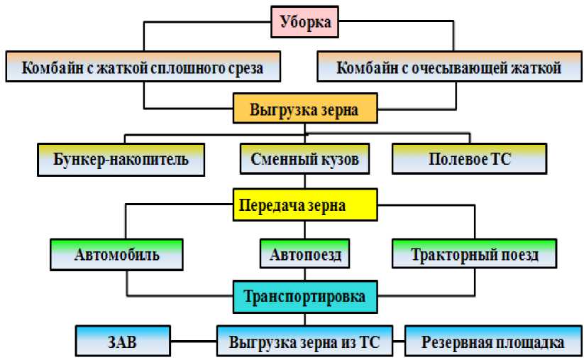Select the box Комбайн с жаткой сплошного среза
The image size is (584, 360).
point(143,69)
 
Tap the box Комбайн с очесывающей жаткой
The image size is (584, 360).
point(449,69)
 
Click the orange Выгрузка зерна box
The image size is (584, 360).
point(304,111)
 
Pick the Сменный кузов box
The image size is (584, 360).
point(304,159)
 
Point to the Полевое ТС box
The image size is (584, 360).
point(469,159)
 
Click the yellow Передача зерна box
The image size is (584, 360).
point(304,207)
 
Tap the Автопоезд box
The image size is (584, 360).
point(304,253)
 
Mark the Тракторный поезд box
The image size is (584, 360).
point(475,253)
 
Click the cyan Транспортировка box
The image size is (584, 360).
point(304,296)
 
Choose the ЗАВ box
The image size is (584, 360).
point(123,342)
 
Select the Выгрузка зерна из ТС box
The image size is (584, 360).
point(304,342)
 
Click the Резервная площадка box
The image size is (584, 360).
point(492,342)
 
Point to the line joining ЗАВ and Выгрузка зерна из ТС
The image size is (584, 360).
point(192,342)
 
